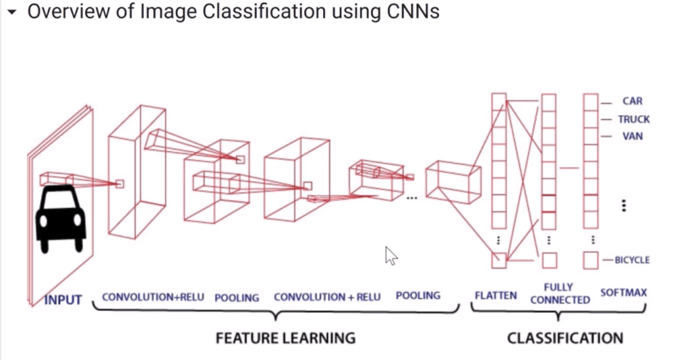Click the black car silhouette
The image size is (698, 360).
(x=61, y=220)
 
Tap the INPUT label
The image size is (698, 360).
(x=62, y=299)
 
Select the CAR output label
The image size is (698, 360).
(x=632, y=102)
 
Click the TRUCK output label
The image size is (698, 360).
(x=634, y=119)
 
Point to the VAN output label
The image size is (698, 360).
(x=632, y=136)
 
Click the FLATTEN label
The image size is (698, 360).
(x=496, y=296)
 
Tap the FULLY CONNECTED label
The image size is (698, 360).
(x=560, y=293)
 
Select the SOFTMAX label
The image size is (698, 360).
(x=623, y=293)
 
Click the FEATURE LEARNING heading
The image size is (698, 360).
(x=286, y=337)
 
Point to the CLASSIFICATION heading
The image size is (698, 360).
(x=565, y=337)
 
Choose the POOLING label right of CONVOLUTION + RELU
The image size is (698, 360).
(x=419, y=296)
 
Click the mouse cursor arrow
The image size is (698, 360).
(x=391, y=255)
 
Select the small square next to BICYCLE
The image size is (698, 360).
(x=591, y=260)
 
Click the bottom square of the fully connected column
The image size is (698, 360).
(x=549, y=260)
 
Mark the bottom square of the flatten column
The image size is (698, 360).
(x=500, y=260)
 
